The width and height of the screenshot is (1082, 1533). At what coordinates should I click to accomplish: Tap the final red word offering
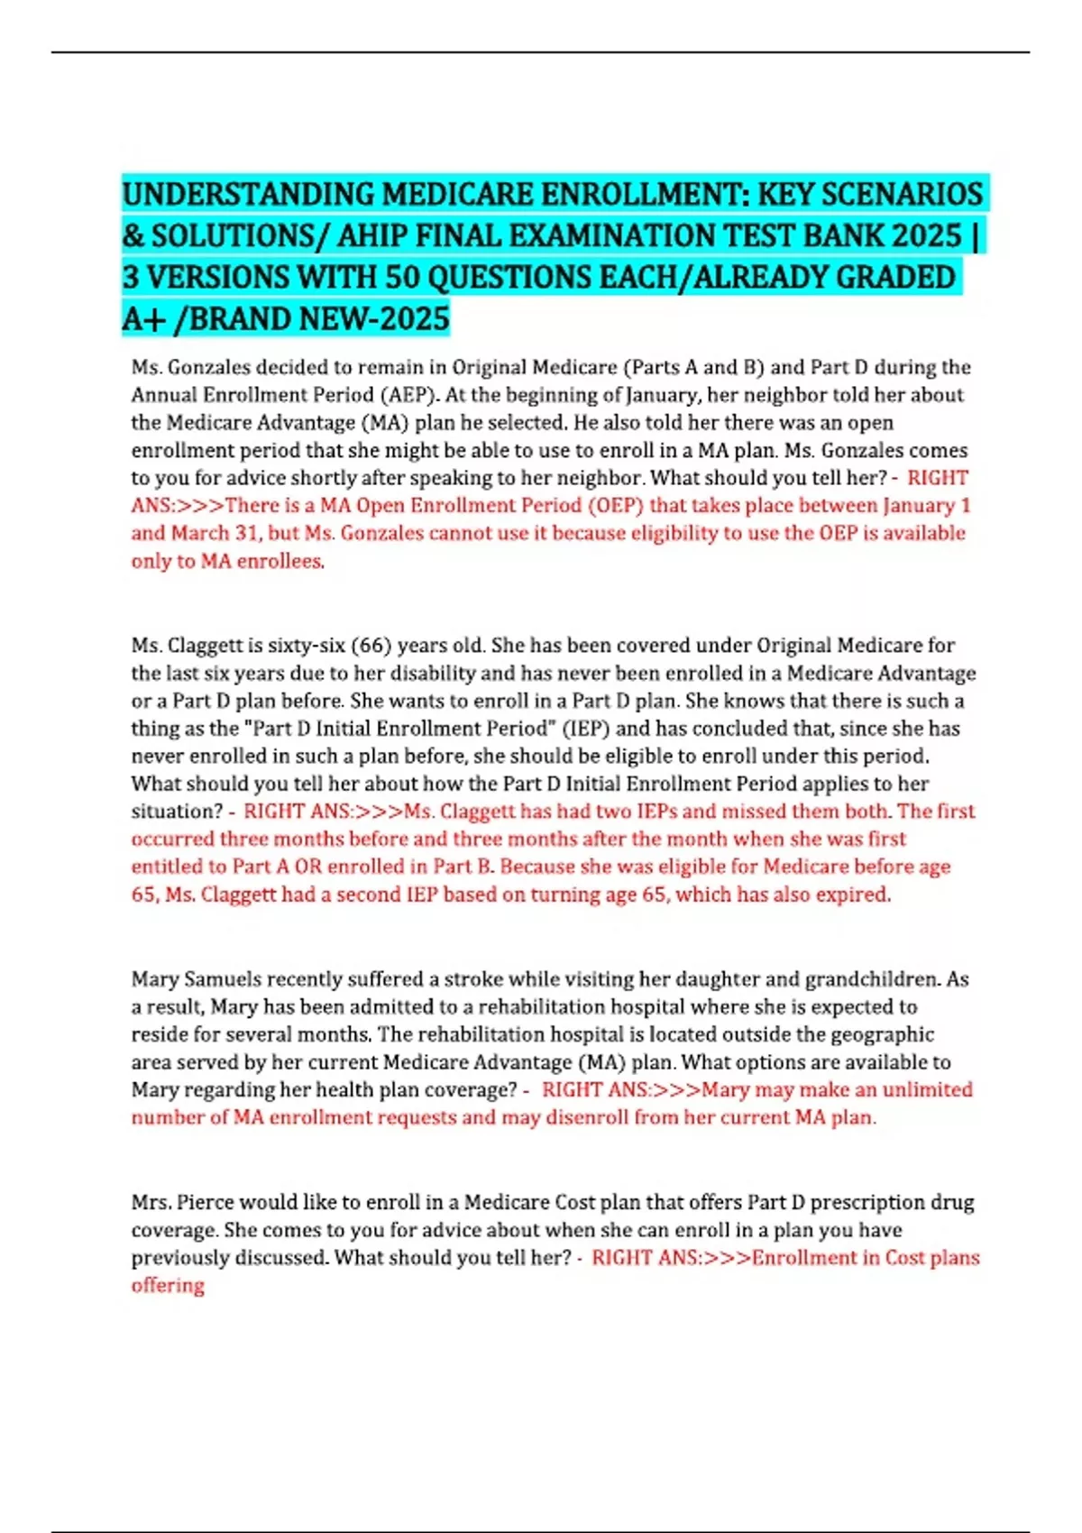click(168, 1286)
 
